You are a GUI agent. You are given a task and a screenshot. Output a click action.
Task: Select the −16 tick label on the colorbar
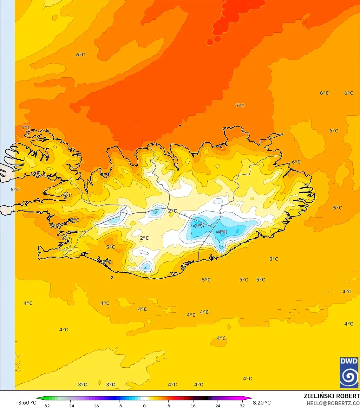point(95,405)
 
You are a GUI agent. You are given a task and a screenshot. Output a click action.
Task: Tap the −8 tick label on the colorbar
point(119,405)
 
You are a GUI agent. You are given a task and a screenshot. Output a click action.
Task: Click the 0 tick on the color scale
point(144,405)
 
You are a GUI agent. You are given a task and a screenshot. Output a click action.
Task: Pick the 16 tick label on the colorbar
point(193,405)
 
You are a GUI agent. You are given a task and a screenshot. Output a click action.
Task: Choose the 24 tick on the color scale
point(218,405)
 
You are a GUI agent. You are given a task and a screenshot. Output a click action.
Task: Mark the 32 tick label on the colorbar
point(242,405)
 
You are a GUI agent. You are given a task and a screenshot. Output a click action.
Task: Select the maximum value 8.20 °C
point(262,403)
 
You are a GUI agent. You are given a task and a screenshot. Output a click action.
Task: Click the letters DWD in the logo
point(349,361)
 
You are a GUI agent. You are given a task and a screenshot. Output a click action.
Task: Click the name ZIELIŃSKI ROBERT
point(331,396)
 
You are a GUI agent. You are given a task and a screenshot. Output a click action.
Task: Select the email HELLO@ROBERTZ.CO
point(333,403)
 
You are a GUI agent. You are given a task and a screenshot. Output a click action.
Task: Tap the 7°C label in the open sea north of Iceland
point(240,106)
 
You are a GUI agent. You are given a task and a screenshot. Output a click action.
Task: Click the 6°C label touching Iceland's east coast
point(296,162)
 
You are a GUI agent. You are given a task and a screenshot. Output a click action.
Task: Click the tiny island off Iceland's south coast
point(112,277)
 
